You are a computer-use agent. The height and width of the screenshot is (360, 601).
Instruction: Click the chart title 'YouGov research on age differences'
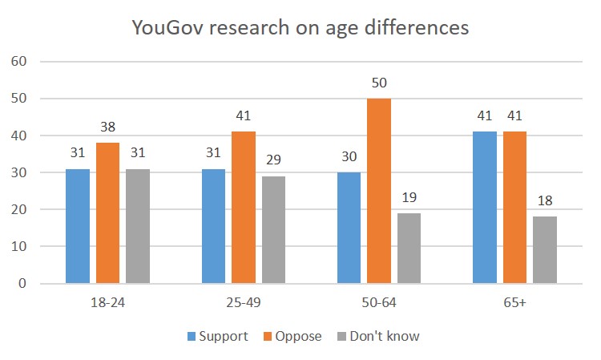tap(300, 28)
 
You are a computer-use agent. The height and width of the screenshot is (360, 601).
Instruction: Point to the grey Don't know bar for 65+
tap(544, 249)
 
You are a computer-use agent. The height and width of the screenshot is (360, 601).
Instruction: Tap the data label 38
tap(107, 128)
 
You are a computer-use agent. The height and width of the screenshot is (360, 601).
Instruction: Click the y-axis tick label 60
tap(18, 61)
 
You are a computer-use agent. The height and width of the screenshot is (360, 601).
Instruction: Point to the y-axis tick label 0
tap(23, 284)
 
